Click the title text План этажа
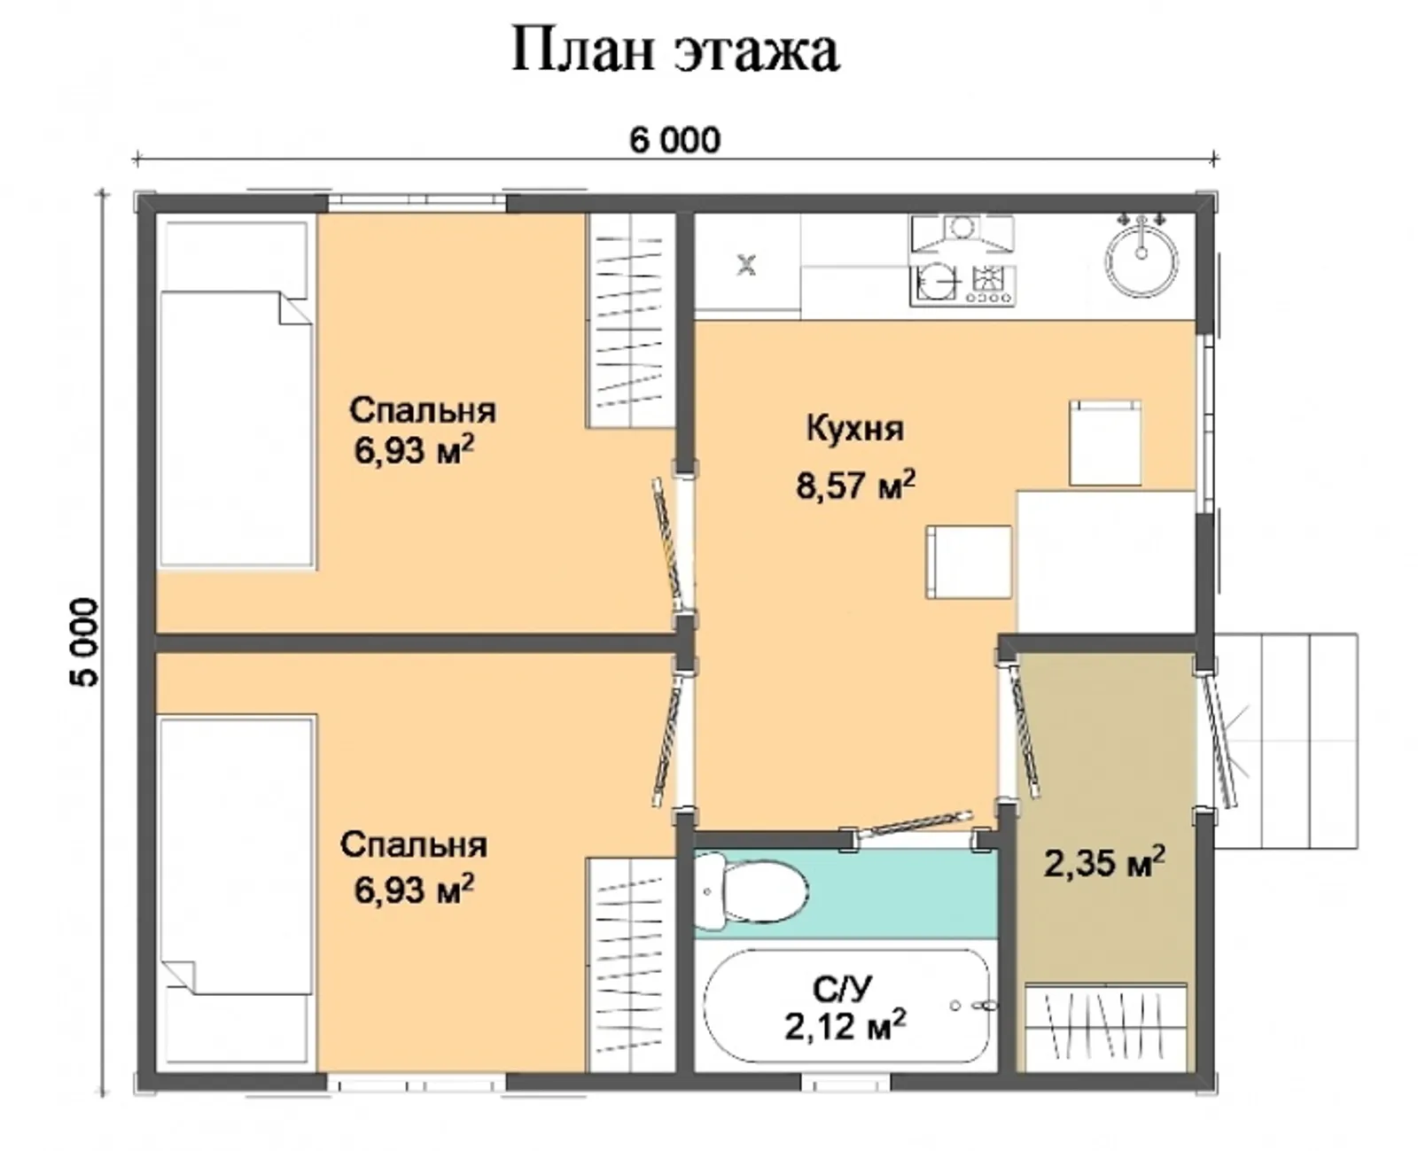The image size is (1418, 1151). coord(674,51)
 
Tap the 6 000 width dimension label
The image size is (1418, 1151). coord(674,140)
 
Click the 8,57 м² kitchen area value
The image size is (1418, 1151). coord(854,486)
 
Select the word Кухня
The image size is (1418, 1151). coord(854,429)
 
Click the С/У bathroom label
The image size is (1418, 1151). coord(843,988)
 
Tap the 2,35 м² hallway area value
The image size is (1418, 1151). coord(1103,862)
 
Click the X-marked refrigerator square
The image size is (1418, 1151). coord(747,264)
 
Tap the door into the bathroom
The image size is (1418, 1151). coord(913,825)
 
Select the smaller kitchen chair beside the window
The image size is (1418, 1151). coord(1104,443)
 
